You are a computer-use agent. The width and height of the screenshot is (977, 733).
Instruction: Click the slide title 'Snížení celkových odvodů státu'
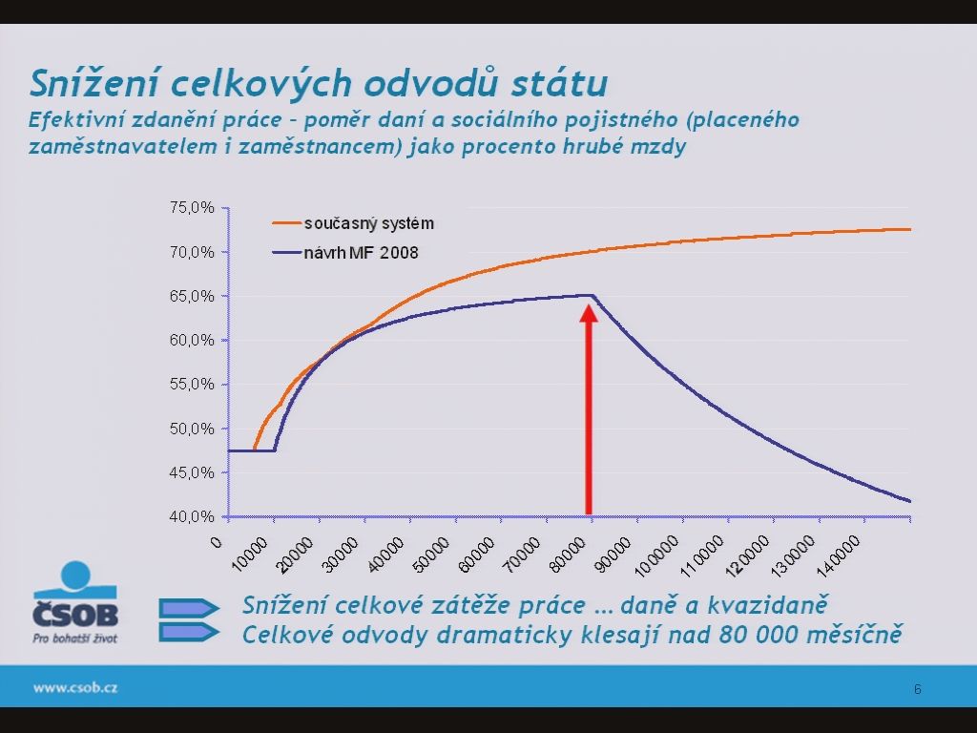[319, 83]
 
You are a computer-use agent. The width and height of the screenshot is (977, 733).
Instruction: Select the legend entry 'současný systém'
[369, 223]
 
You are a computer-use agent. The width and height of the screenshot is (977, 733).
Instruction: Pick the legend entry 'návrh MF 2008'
[361, 252]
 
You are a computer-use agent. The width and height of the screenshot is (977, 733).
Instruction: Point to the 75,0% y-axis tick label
[192, 207]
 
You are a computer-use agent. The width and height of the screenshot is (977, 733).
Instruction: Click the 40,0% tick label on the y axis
[192, 516]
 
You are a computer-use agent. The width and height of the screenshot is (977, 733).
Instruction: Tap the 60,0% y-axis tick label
[192, 341]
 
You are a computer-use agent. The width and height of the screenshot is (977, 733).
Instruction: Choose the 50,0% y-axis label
[192, 429]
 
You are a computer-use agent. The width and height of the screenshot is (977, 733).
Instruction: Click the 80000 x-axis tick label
[568, 555]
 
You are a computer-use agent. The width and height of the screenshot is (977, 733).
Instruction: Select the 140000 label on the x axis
[839, 556]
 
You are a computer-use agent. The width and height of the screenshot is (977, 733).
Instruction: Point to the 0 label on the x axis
[217, 542]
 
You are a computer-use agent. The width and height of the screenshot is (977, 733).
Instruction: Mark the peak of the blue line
[592, 295]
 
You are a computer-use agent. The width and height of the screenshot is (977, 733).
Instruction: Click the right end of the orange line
[910, 229]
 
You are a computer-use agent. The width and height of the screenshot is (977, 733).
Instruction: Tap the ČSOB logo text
[75, 615]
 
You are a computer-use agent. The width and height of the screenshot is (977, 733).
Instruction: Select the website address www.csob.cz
[75, 688]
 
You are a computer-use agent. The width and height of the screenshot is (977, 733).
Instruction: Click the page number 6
[917, 689]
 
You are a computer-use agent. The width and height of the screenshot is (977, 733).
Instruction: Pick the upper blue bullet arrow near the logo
[189, 608]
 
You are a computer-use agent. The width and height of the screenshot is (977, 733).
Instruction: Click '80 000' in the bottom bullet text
[758, 635]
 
